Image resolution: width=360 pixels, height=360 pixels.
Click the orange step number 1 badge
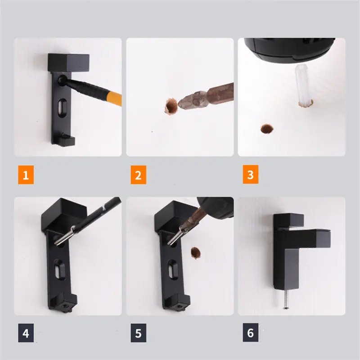point(26,175)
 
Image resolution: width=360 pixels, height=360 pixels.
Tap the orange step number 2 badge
point(139,175)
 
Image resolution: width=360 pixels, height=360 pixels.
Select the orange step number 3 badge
point(251,174)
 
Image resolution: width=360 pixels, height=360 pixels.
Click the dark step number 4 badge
point(26,333)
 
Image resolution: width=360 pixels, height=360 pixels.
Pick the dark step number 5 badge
point(139,333)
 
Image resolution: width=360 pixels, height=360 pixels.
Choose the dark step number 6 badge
point(251,333)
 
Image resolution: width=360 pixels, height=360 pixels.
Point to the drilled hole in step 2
point(171,106)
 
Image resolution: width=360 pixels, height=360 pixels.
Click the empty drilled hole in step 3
point(267,129)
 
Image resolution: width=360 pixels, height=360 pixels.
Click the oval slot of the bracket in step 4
point(59,268)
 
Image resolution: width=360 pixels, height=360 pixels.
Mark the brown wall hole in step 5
point(195,253)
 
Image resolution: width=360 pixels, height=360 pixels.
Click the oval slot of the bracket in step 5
point(172,268)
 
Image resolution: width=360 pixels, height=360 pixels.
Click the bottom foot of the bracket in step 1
point(66,140)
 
